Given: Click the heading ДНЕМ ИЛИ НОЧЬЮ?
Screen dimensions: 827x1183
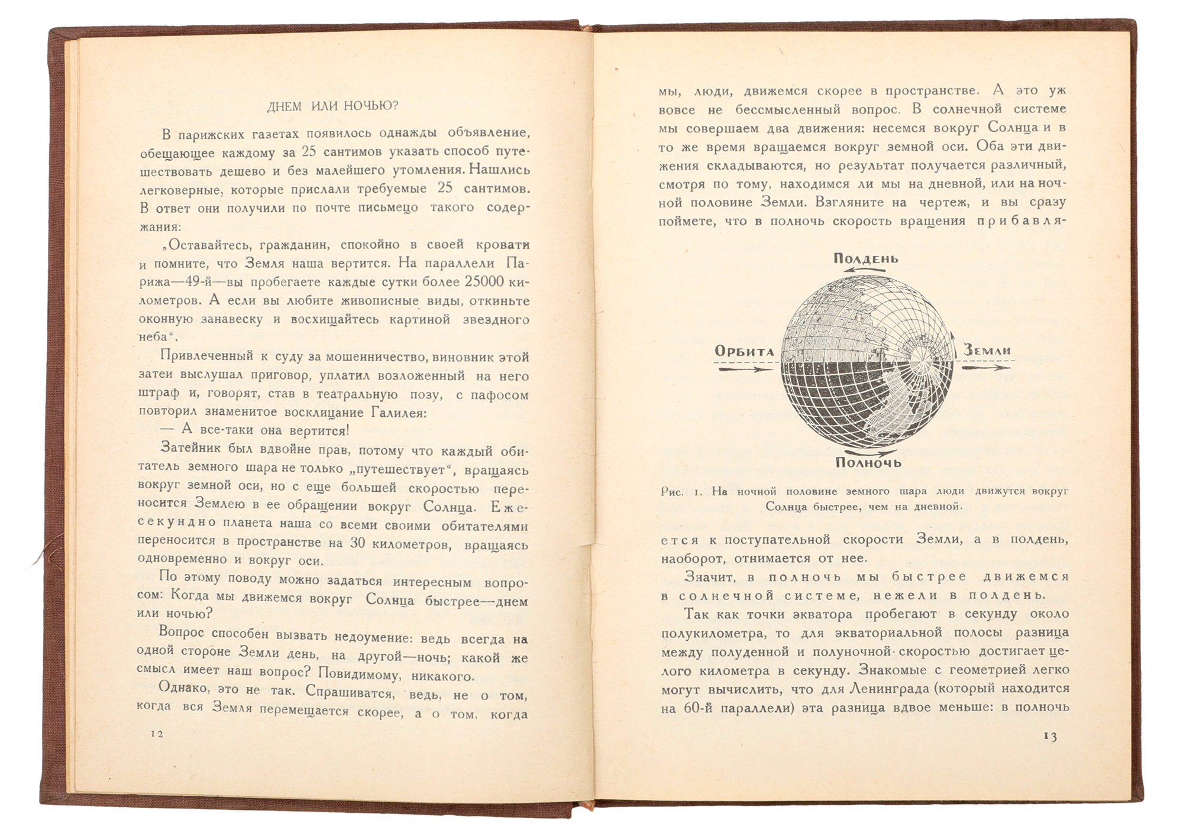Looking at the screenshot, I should pyautogui.click(x=332, y=106).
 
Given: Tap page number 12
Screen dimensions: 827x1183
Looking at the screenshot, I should pyautogui.click(x=157, y=734).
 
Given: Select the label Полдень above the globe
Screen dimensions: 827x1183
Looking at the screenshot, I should pyautogui.click(x=866, y=258).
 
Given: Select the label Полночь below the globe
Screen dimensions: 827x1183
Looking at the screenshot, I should pyautogui.click(x=868, y=462).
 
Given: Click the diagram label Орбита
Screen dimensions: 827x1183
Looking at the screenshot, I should pyautogui.click(x=745, y=351).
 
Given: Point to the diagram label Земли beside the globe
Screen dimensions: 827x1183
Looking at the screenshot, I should pyautogui.click(x=987, y=350).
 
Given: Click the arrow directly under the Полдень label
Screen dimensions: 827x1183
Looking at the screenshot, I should pyautogui.click(x=865, y=270).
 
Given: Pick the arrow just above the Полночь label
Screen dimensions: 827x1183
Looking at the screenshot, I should pyautogui.click(x=868, y=450).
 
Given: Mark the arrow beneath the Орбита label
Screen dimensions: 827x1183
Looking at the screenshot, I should pyautogui.click(x=745, y=369).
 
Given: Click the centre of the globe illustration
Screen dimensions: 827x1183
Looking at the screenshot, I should pyautogui.click(x=867, y=361).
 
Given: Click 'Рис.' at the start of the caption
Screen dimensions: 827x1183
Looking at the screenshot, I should pyautogui.click(x=672, y=492).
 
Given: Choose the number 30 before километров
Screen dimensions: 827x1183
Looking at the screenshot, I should pyautogui.click(x=357, y=542).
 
